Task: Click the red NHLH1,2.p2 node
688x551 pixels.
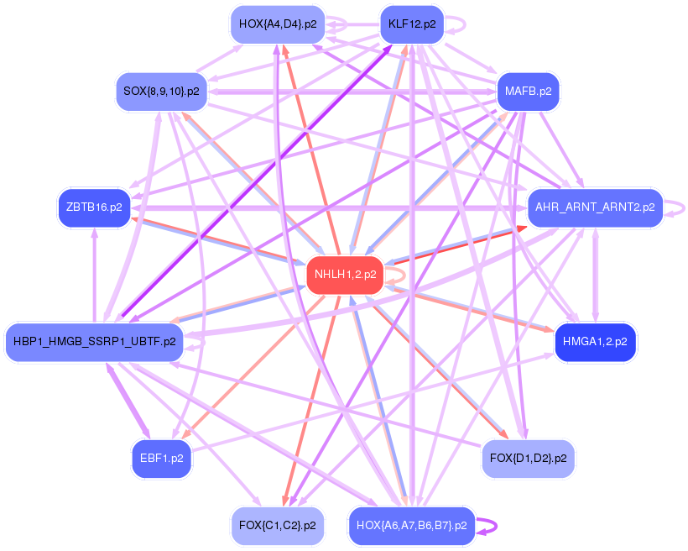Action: (x=345, y=275)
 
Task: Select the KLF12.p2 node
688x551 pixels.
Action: (x=411, y=24)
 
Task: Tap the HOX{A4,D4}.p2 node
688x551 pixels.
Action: (x=277, y=24)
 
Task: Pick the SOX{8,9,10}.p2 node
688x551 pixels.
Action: (x=161, y=92)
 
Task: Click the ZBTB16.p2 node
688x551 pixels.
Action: (x=93, y=207)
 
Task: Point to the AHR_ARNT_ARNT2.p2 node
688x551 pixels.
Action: (x=595, y=207)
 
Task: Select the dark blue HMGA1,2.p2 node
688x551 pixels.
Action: (x=595, y=342)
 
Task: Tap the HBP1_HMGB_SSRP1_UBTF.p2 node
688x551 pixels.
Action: (x=94, y=342)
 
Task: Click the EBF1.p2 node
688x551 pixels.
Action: (x=161, y=459)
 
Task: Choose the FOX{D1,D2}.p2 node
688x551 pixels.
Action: (x=528, y=459)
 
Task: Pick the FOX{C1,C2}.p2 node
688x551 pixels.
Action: (x=277, y=526)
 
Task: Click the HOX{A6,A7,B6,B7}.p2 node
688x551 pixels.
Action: (x=411, y=526)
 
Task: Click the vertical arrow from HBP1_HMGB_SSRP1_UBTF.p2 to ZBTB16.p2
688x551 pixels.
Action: (x=94, y=273)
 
